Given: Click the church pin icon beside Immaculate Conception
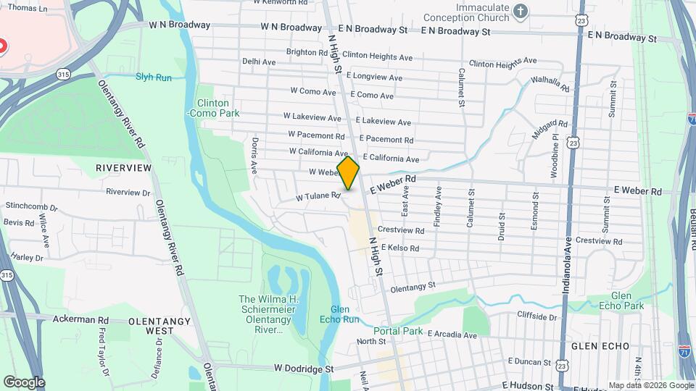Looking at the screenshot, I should (520, 11).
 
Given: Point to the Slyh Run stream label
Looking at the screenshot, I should (154, 77).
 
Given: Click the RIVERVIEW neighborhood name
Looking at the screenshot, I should (124, 168).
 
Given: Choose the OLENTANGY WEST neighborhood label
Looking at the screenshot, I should (151, 325).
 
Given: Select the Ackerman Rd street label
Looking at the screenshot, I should (83, 319).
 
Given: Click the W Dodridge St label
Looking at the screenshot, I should (303, 369).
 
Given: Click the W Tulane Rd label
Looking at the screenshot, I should (318, 196).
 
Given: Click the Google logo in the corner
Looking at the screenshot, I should (24, 382).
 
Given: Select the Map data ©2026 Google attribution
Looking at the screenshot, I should (650, 385).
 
